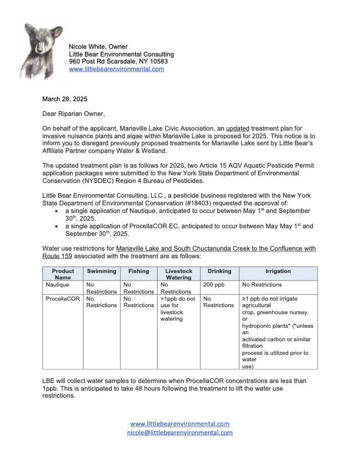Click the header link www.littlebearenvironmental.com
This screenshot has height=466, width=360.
(x=116, y=69)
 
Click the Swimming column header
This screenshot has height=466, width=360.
(x=102, y=271)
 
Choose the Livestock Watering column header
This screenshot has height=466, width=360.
(x=178, y=274)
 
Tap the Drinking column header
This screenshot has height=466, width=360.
(x=218, y=271)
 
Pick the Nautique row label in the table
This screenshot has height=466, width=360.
(x=58, y=284)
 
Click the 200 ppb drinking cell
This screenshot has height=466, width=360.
(x=214, y=284)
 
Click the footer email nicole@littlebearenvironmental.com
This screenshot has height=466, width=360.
(x=180, y=432)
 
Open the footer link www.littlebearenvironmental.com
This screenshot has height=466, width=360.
(x=180, y=424)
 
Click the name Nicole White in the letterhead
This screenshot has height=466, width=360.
(x=89, y=46)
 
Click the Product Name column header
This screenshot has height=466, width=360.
(x=63, y=274)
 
